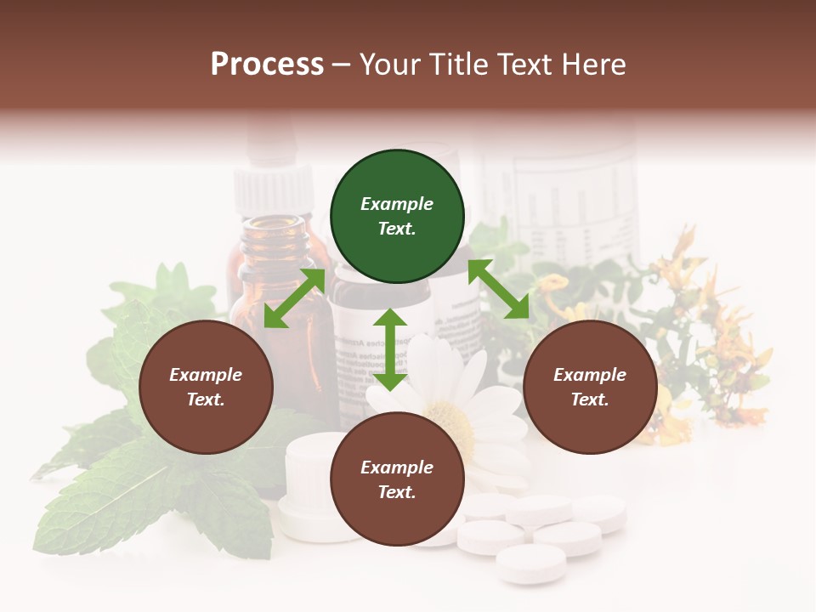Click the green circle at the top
397,217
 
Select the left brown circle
206,387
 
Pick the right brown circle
590,387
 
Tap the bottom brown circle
397,479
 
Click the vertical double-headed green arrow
390,349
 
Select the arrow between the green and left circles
295,297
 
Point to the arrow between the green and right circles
499,289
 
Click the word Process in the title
267,65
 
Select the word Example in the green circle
397,204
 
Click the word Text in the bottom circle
395,492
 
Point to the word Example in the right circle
590,375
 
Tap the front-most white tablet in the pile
531,563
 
